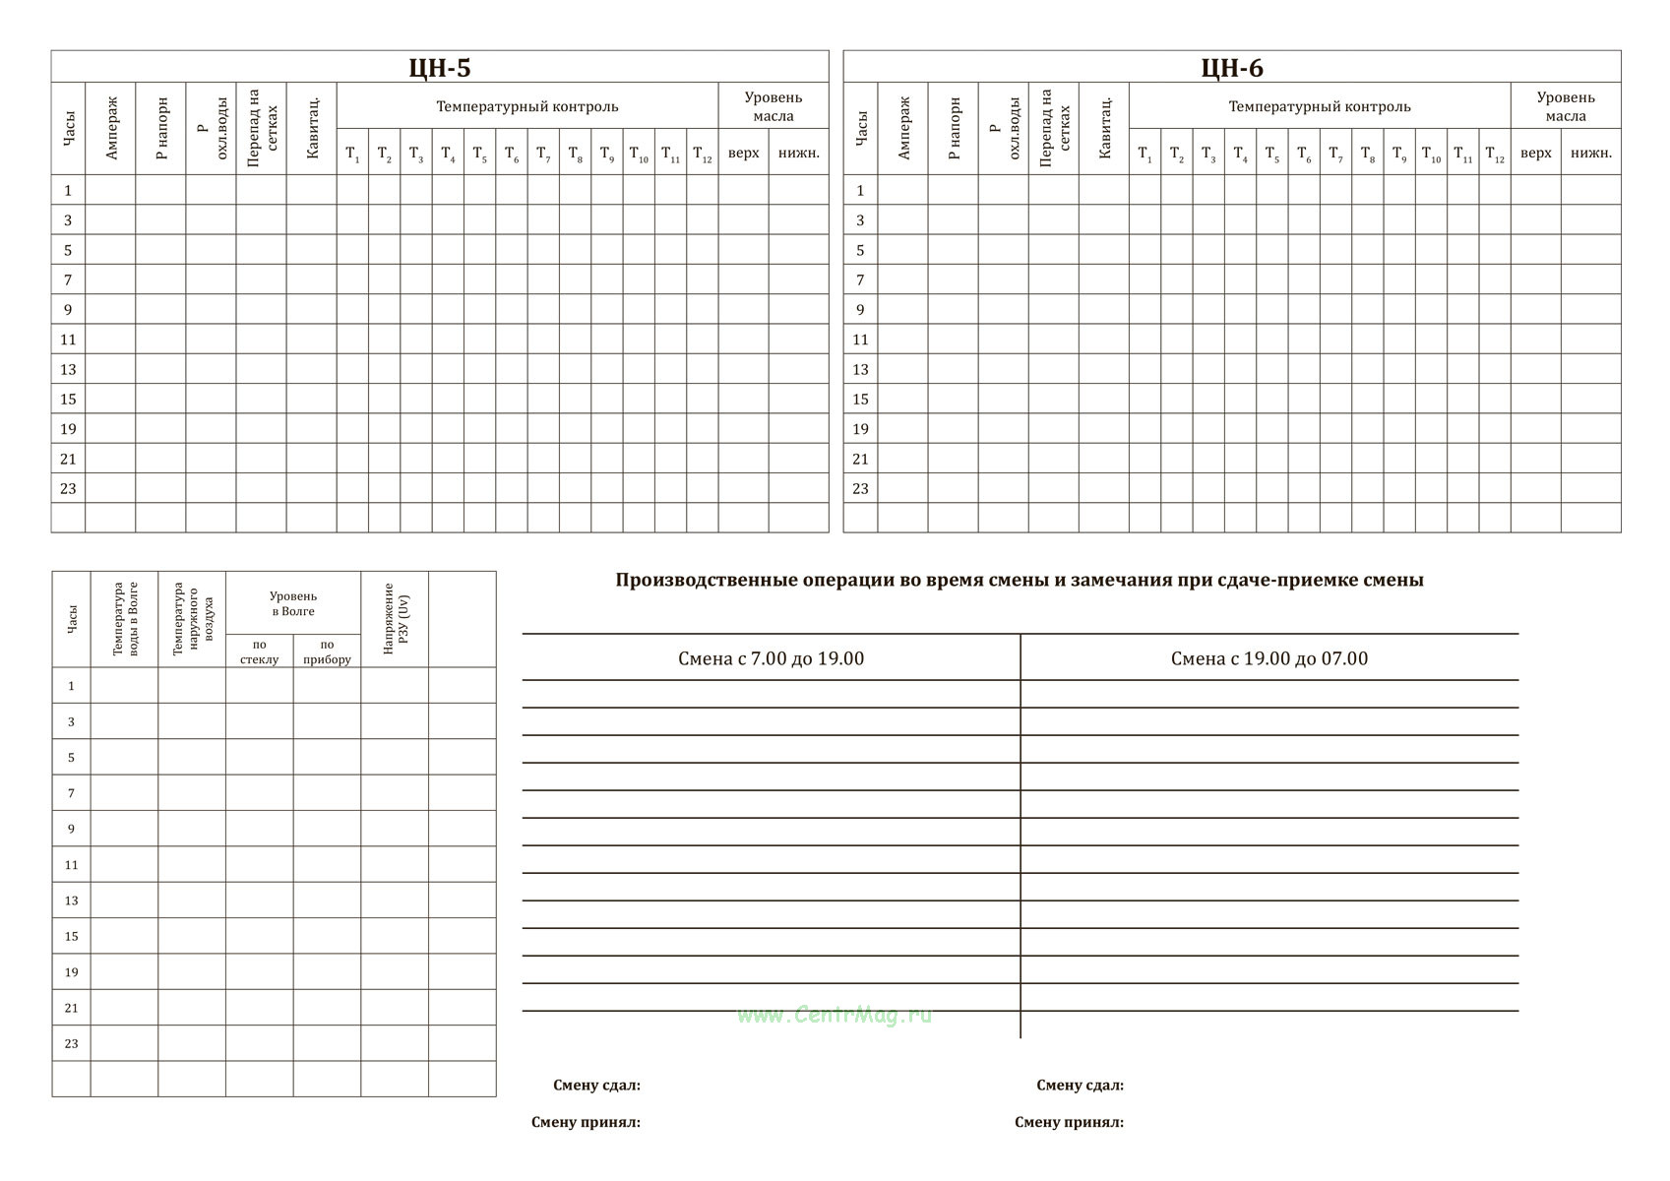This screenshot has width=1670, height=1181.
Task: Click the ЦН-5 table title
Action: click(x=440, y=68)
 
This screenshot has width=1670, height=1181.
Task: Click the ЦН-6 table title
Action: click(x=1232, y=68)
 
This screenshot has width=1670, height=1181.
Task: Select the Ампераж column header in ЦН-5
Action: click(x=111, y=128)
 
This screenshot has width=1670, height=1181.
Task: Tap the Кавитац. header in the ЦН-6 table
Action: click(x=1104, y=128)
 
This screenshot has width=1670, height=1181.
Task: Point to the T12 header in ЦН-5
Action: click(x=703, y=154)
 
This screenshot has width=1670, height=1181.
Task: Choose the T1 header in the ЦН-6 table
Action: click(x=1144, y=154)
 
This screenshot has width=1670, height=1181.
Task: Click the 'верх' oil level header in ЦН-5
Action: click(x=743, y=154)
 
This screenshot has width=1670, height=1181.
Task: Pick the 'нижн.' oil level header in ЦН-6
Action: click(x=1591, y=154)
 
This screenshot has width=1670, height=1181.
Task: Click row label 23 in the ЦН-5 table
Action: click(x=68, y=488)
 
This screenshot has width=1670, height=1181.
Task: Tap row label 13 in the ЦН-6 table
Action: click(x=860, y=369)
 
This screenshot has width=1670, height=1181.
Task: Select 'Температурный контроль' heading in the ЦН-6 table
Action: click(x=1320, y=106)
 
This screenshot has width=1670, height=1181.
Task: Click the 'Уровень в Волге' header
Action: click(x=293, y=603)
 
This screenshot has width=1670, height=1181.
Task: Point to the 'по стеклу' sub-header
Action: click(x=259, y=652)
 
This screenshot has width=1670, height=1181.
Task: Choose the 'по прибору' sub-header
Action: click(x=327, y=652)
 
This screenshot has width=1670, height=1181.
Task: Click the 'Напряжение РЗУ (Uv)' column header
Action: click(x=395, y=619)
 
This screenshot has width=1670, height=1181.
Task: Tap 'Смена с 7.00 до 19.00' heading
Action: click(x=771, y=658)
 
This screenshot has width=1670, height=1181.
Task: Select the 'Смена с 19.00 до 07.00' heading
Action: click(x=1269, y=658)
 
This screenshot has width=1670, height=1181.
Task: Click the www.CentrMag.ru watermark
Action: click(x=835, y=1015)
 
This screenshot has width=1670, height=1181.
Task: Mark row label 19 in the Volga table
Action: click(x=71, y=971)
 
